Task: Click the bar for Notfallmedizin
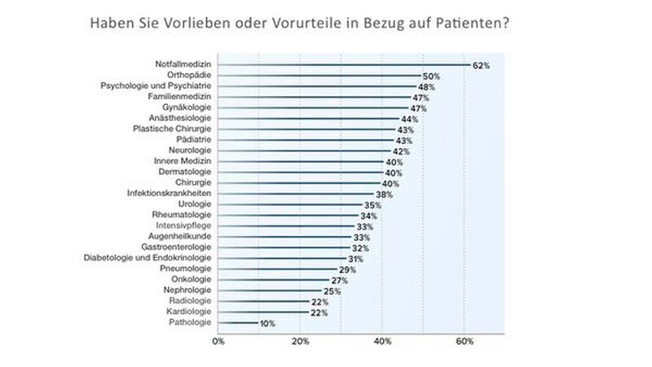pyautogui.click(x=342, y=64)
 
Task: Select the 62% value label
pyautogui.click(x=481, y=65)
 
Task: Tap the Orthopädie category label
pyautogui.click(x=189, y=76)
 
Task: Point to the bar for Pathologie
pyautogui.click(x=238, y=323)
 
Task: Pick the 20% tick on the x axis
pyautogui.click(x=300, y=343)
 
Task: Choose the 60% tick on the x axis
pyautogui.click(x=464, y=343)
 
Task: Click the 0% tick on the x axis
pyautogui.click(x=218, y=343)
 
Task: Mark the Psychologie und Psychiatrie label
pyautogui.click(x=156, y=86)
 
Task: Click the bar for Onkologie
pyautogui.click(x=273, y=279)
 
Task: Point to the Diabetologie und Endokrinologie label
pyautogui.click(x=148, y=257)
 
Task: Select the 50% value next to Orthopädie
pyautogui.click(x=432, y=76)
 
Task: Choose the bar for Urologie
pyautogui.click(x=289, y=203)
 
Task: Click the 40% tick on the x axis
pyautogui.click(x=381, y=343)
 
